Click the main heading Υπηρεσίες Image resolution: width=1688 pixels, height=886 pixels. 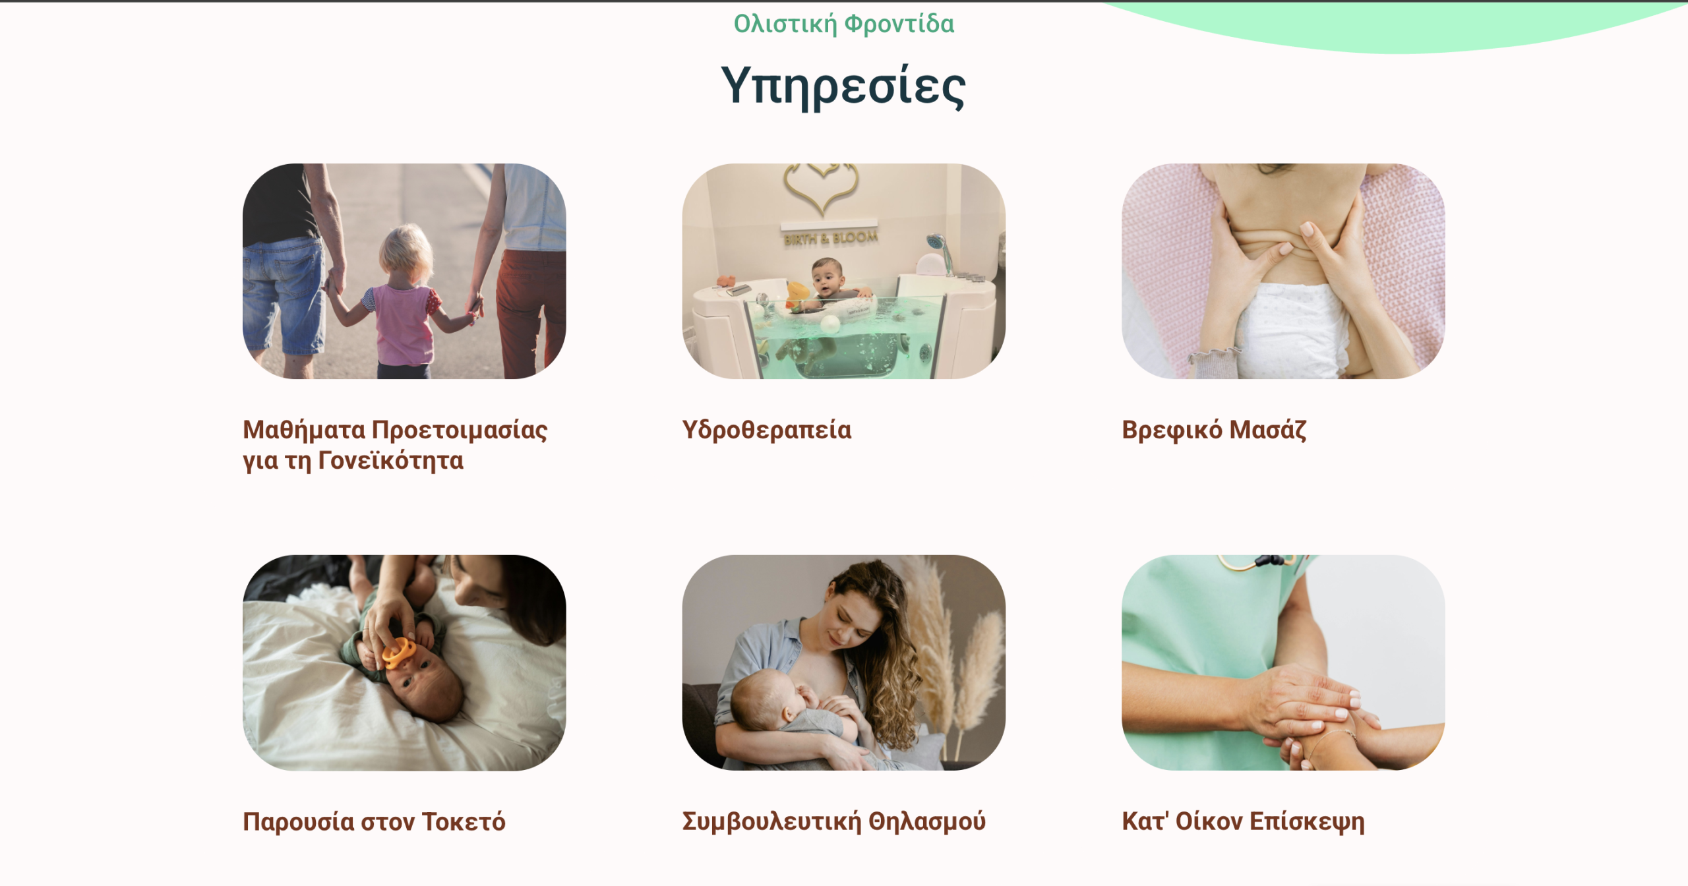843,87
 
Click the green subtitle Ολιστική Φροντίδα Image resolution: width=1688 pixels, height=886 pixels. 844,24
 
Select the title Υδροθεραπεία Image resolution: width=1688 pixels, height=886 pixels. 767,430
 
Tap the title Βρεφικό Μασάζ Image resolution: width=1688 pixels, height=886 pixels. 1214,430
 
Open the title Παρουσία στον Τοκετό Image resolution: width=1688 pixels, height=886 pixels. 374,821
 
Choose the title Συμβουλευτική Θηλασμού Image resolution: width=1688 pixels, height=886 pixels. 834,821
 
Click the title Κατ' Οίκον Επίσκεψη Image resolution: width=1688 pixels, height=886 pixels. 1244,821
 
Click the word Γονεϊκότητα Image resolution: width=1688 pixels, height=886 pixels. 391,460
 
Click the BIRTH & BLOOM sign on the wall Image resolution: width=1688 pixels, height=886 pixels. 831,238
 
